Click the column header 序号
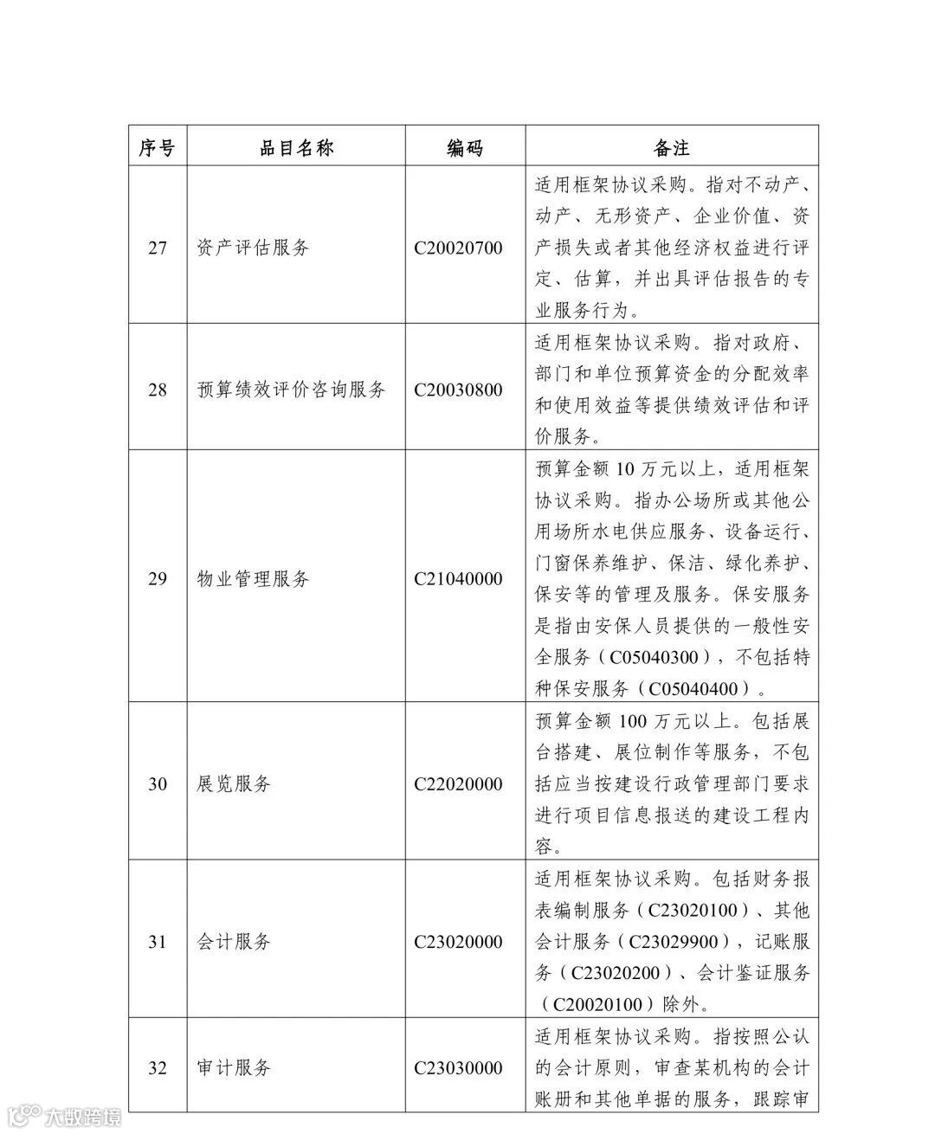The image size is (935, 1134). (x=157, y=148)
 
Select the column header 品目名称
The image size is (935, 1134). (x=296, y=148)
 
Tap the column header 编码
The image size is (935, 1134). (x=464, y=148)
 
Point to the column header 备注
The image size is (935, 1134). (x=671, y=148)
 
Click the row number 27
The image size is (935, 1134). (x=157, y=248)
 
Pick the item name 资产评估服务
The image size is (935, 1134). (x=253, y=248)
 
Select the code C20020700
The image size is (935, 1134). (x=458, y=248)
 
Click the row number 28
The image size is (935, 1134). (x=157, y=390)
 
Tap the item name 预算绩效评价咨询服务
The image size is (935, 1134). (x=291, y=390)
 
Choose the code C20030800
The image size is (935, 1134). (x=458, y=390)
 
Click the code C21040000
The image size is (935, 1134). (x=458, y=578)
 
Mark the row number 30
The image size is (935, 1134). (x=157, y=784)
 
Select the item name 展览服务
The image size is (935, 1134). (x=234, y=784)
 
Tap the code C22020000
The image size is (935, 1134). (x=458, y=784)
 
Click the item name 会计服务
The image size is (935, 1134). (x=234, y=942)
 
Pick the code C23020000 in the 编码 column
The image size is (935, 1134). (x=458, y=942)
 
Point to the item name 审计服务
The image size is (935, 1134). (x=234, y=1068)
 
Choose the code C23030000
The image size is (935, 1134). (x=458, y=1068)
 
